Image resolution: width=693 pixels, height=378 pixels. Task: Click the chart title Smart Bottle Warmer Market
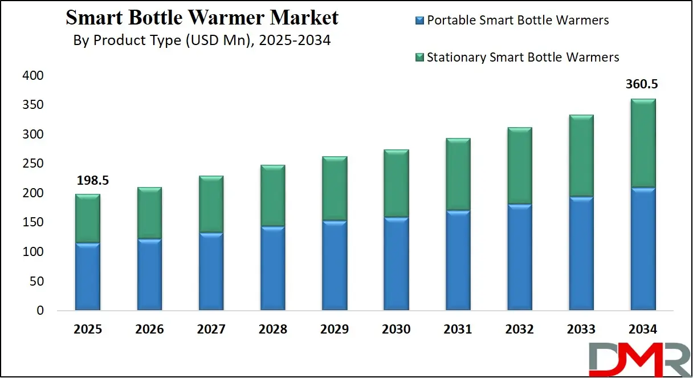[202, 18]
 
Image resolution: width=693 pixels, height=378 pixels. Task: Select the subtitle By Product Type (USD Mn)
[202, 41]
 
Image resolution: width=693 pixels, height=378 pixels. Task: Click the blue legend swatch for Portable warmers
[420, 21]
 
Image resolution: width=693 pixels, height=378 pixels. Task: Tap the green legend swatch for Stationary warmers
[420, 58]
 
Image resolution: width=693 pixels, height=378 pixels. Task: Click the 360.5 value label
[642, 84]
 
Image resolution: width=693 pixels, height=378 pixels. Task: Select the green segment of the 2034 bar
[642, 143]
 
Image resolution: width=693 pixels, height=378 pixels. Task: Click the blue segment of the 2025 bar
[88, 277]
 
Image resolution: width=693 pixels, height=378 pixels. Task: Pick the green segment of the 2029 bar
[335, 188]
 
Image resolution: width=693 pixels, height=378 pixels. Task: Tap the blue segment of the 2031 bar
[458, 261]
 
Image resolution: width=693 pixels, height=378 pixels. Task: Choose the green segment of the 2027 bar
[211, 204]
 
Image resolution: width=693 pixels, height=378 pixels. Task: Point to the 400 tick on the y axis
[32, 76]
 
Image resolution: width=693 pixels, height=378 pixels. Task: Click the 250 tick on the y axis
[32, 164]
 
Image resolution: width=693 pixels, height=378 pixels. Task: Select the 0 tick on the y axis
[39, 311]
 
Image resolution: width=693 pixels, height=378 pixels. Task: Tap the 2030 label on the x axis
[396, 330]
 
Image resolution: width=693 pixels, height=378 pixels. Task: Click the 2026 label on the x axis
[149, 330]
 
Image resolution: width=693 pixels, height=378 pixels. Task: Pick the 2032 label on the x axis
[519, 330]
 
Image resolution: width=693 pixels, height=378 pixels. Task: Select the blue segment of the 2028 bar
[273, 268]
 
